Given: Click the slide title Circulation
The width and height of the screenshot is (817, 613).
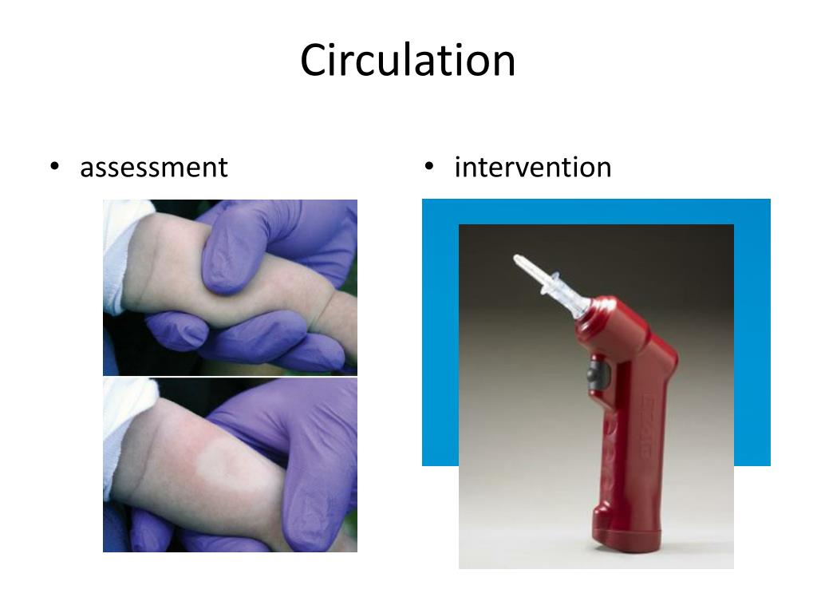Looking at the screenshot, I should click(x=408, y=61).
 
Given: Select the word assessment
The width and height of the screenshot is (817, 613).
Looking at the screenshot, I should click(x=153, y=168).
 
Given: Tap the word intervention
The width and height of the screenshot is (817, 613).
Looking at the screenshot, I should click(x=532, y=168).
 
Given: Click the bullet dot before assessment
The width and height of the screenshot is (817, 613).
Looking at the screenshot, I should click(x=54, y=167).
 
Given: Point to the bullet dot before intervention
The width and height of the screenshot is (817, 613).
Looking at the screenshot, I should click(x=429, y=167).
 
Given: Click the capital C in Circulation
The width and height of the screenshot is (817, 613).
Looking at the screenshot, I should click(x=313, y=61).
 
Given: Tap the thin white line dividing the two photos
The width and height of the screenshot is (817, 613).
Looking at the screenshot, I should click(x=230, y=377).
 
